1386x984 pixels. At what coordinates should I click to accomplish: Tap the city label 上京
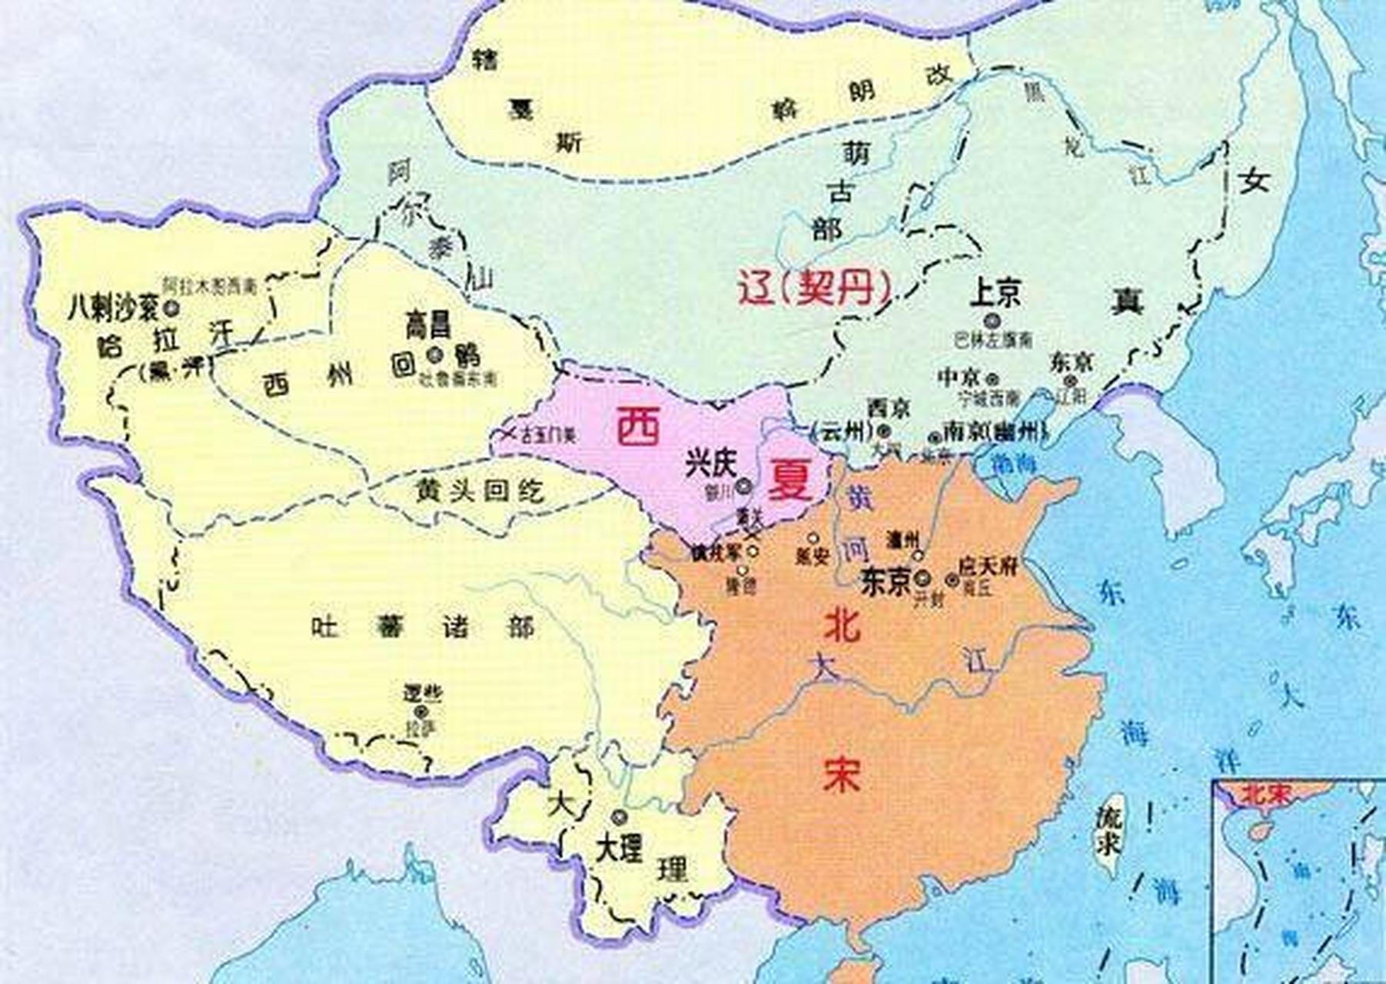995,293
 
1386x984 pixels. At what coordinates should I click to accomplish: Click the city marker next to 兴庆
743,486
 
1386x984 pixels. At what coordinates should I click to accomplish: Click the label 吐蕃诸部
423,627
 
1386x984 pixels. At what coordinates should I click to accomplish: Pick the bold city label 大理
619,849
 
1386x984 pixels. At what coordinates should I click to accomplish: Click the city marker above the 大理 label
620,816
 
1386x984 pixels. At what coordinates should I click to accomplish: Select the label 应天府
987,567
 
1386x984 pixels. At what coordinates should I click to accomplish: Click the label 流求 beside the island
1108,829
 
